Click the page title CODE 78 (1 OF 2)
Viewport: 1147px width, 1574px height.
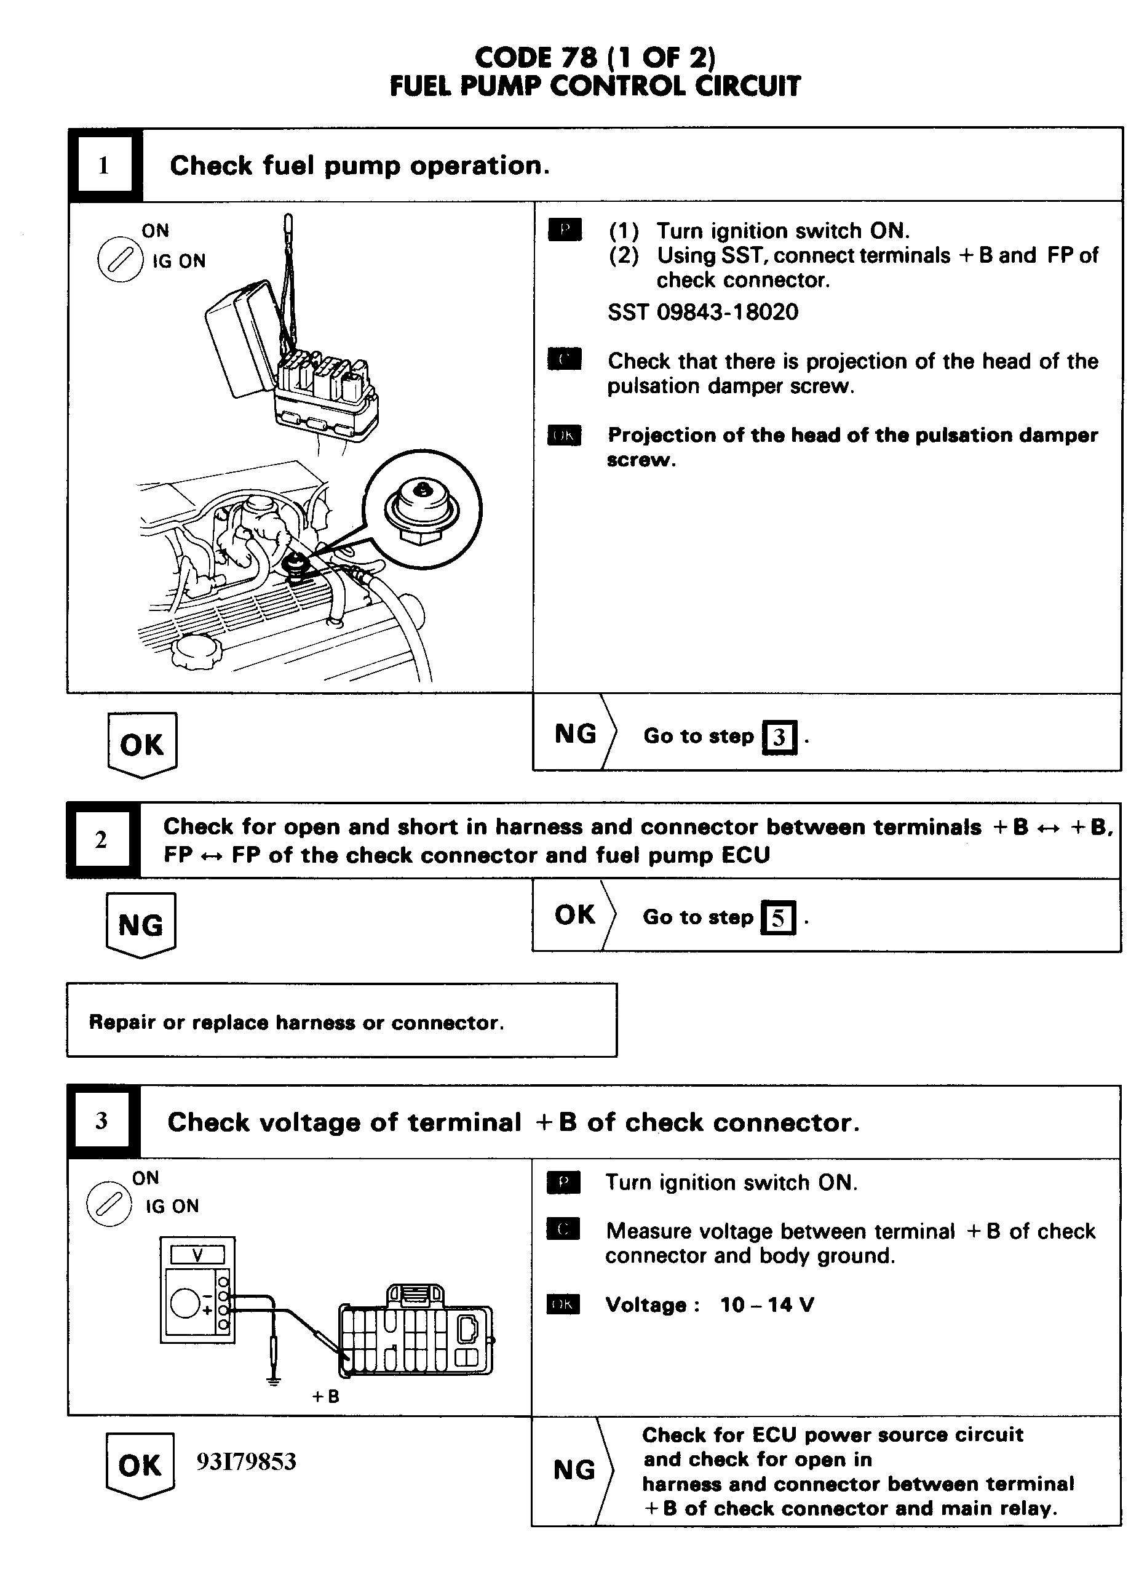pyautogui.click(x=594, y=57)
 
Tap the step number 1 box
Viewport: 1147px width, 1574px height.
pyautogui.click(x=104, y=166)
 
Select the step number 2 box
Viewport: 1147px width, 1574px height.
pyautogui.click(x=101, y=840)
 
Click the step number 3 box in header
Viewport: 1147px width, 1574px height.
pyautogui.click(x=102, y=1121)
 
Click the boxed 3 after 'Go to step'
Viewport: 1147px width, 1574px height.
pyautogui.click(x=779, y=737)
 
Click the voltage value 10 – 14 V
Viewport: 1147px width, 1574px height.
pyautogui.click(x=766, y=1304)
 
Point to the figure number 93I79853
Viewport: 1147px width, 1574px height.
pyautogui.click(x=246, y=1461)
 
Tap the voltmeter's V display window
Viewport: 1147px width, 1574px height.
pyautogui.click(x=198, y=1255)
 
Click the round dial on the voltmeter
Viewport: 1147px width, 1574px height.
pyautogui.click(x=185, y=1303)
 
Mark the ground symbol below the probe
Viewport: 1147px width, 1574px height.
pyautogui.click(x=274, y=1380)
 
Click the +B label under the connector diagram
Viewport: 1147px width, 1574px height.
pyautogui.click(x=325, y=1396)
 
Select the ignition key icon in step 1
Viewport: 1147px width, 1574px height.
pyautogui.click(x=120, y=260)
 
